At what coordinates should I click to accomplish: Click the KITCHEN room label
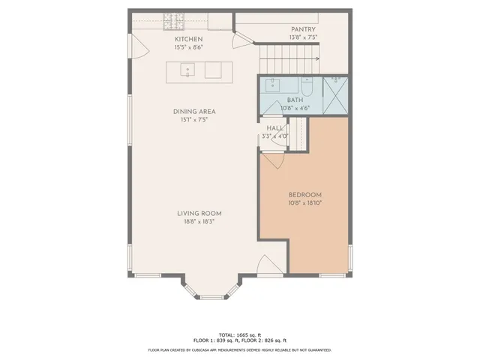[188, 39]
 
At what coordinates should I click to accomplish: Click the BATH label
[295, 100]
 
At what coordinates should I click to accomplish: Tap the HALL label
[274, 128]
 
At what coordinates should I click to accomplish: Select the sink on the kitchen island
[186, 70]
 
